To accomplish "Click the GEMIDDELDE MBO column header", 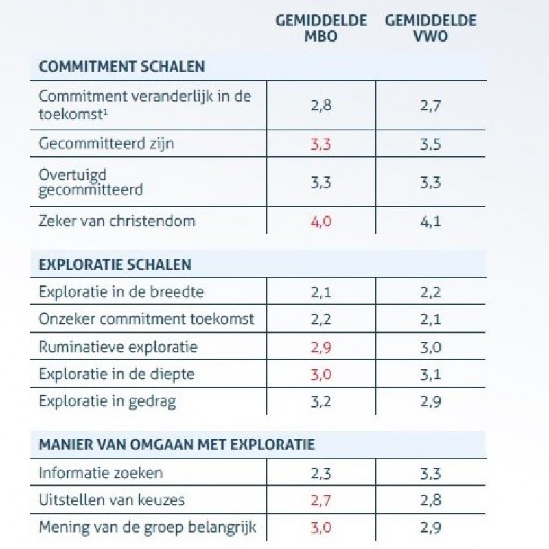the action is [x=321, y=28].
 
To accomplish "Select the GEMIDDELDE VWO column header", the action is [x=431, y=28].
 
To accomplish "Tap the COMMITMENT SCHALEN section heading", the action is [x=121, y=67].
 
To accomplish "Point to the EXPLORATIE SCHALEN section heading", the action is [x=115, y=264].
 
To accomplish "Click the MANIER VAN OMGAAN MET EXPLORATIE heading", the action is [x=177, y=445].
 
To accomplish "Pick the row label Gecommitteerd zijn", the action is [x=106, y=143].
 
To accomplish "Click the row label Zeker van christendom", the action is [x=117, y=221].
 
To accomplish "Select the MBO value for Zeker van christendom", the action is [x=321, y=222].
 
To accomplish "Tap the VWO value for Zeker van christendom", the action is [x=431, y=222].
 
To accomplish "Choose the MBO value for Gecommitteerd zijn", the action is [x=320, y=144].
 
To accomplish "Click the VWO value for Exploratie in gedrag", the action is [x=431, y=401].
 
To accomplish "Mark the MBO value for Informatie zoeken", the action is [x=320, y=474].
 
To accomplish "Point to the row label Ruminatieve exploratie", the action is [x=118, y=347].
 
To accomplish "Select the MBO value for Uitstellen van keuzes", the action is [x=320, y=501].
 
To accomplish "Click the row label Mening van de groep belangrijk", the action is [x=148, y=528].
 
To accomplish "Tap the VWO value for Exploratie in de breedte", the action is [x=431, y=292].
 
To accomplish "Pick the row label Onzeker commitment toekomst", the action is [x=146, y=319].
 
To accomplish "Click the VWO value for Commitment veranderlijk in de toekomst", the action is [x=431, y=106].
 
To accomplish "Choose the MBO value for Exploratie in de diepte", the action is [x=321, y=375].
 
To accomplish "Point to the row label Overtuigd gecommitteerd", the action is [x=91, y=183].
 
